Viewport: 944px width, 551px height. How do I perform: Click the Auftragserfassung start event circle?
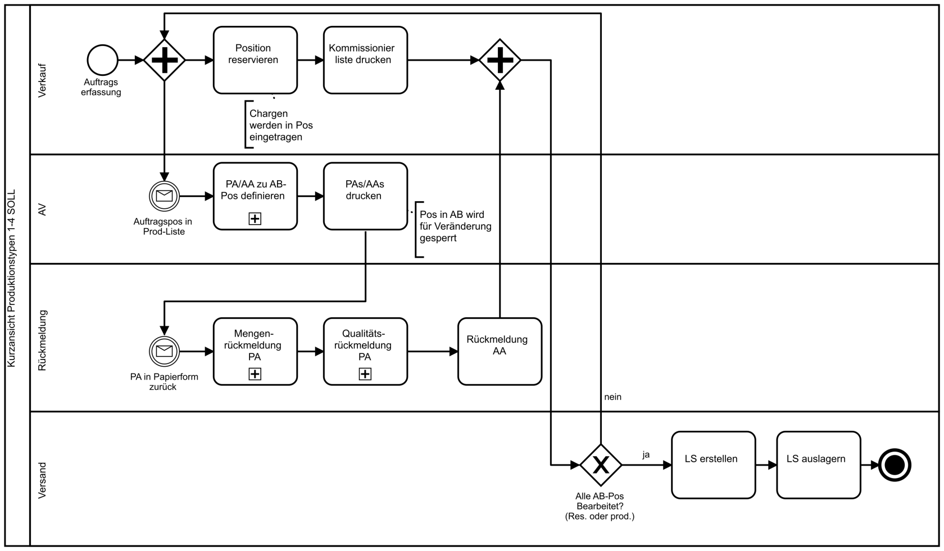[102, 60]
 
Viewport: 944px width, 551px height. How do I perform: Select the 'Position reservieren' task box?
[255, 60]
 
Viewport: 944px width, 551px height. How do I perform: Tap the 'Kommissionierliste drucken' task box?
[365, 60]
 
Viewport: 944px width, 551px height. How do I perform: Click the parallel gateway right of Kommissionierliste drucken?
[500, 60]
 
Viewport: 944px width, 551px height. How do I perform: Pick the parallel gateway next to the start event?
[164, 60]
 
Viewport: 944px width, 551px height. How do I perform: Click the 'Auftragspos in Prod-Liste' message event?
[164, 197]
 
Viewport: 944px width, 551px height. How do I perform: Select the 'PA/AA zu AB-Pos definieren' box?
[255, 197]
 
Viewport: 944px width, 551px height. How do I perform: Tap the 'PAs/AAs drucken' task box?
[365, 197]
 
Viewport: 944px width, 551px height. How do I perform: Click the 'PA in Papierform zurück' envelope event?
[164, 352]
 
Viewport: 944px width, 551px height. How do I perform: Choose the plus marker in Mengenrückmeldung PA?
[255, 374]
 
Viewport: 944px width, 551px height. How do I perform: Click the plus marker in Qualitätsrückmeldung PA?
[365, 374]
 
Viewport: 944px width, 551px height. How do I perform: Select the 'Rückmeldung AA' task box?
[500, 352]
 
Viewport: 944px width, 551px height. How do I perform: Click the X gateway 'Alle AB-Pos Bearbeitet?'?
[601, 465]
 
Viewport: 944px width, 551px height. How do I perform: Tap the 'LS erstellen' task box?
[714, 465]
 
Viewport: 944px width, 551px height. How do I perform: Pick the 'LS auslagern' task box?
[818, 465]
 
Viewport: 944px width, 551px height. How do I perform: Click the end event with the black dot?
[895, 465]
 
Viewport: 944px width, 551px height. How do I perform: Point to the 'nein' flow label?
[612, 397]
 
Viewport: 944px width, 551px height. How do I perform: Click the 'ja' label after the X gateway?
[646, 455]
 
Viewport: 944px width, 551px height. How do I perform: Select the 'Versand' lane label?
[42, 481]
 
